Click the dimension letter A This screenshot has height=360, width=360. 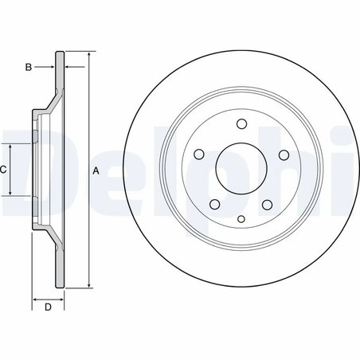pyautogui.click(x=96, y=171)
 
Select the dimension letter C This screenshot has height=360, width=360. pyautogui.click(x=4, y=170)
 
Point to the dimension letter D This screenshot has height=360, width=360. pyautogui.click(x=48, y=307)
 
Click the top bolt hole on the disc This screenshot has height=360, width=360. pyautogui.click(x=240, y=123)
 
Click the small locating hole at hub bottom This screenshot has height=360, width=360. pyautogui.click(x=240, y=217)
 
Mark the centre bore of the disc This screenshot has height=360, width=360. pyautogui.click(x=240, y=169)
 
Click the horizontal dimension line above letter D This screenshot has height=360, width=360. pyautogui.click(x=48, y=298)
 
